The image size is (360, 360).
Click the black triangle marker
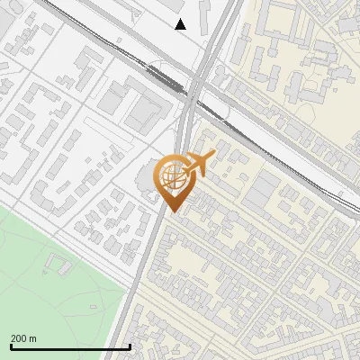pyautogui.click(x=181, y=24)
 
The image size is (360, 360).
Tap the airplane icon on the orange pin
pyautogui.click(x=196, y=165)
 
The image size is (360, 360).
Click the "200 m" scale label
pyautogui.click(x=23, y=338)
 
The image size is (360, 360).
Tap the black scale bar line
pyautogui.click(x=70, y=346)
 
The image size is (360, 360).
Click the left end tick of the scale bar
pyautogui.click(x=11, y=346)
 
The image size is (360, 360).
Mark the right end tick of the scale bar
pyautogui.click(x=130, y=346)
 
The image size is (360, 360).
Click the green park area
pyautogui.click(x=54, y=288)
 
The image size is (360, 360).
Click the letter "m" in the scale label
pyautogui.click(x=33, y=338)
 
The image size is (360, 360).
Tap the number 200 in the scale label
pyautogui.click(x=19, y=338)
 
